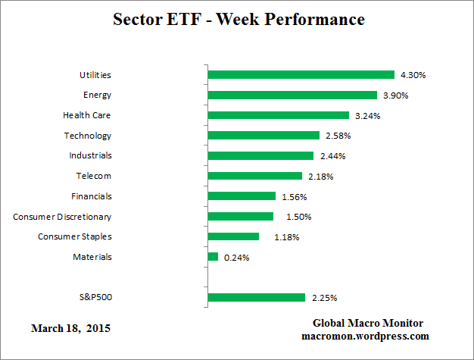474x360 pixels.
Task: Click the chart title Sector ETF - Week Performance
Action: [x=238, y=19]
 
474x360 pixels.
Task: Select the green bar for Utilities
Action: [x=301, y=75]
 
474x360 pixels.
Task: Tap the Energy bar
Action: [x=292, y=95]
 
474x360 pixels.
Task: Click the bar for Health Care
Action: [x=278, y=115]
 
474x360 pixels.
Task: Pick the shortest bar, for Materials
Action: [x=213, y=257]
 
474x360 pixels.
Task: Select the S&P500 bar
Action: [x=256, y=297]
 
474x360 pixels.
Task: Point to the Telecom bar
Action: [x=254, y=176]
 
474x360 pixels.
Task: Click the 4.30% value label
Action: [x=414, y=75]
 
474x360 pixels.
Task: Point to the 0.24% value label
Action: [x=237, y=258]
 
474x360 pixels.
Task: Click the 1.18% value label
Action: [x=286, y=237]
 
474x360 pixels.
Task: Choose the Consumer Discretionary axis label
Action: [x=62, y=217]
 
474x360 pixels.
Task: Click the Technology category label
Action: [x=88, y=136]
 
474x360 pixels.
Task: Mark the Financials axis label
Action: [x=91, y=196]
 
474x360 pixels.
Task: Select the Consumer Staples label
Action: [x=75, y=236]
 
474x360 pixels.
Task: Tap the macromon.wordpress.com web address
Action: [x=365, y=336]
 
